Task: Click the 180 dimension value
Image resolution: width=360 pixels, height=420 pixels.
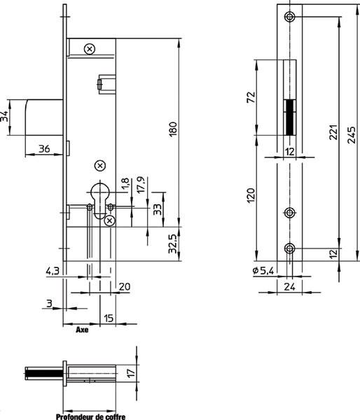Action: click(x=174, y=129)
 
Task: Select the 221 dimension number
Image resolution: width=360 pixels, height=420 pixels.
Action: click(x=333, y=132)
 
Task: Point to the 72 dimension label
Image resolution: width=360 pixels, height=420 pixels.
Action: click(x=251, y=97)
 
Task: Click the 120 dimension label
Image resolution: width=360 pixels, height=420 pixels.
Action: click(x=251, y=195)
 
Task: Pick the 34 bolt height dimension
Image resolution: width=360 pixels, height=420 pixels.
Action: click(x=4, y=117)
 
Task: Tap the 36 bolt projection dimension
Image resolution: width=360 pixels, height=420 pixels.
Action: click(x=44, y=148)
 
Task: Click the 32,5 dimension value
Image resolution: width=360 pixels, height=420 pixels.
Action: click(x=172, y=244)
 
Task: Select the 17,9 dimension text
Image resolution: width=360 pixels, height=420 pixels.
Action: click(x=141, y=185)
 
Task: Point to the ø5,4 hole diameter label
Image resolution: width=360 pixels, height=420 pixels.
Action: click(x=263, y=271)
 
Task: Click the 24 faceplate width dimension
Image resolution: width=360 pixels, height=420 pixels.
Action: click(x=290, y=287)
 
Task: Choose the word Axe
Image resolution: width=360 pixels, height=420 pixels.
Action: click(x=82, y=330)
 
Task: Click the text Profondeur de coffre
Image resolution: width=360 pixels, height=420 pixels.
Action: click(x=90, y=416)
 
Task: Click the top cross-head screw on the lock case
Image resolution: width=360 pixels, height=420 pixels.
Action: click(x=90, y=49)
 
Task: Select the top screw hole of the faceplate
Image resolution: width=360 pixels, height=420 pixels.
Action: click(x=289, y=17)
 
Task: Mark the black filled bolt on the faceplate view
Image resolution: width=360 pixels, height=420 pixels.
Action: click(x=289, y=118)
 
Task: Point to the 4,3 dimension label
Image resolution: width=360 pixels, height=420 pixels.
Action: click(x=53, y=271)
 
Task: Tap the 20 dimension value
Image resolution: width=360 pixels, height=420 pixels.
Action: click(x=125, y=286)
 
